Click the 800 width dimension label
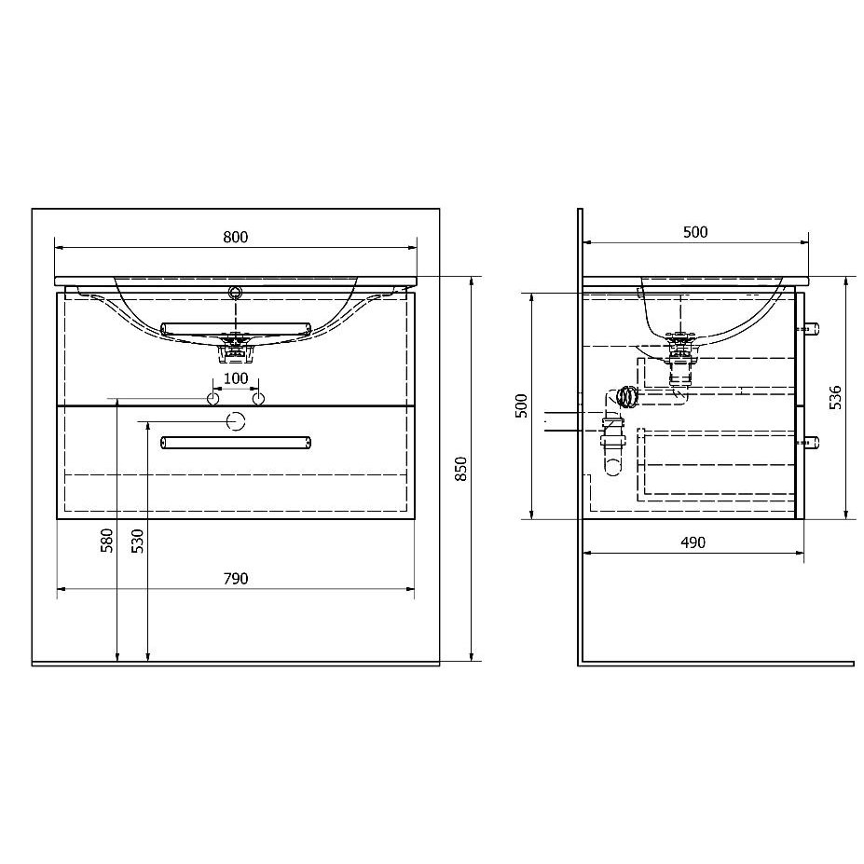point(235,237)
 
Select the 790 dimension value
point(235,579)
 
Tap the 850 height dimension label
point(460,469)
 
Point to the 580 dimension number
point(106,541)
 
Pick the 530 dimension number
point(137,541)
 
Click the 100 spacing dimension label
point(235,378)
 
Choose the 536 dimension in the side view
point(835,397)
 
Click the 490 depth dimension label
point(693,542)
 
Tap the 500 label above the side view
point(695,232)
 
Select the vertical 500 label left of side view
point(521,406)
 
